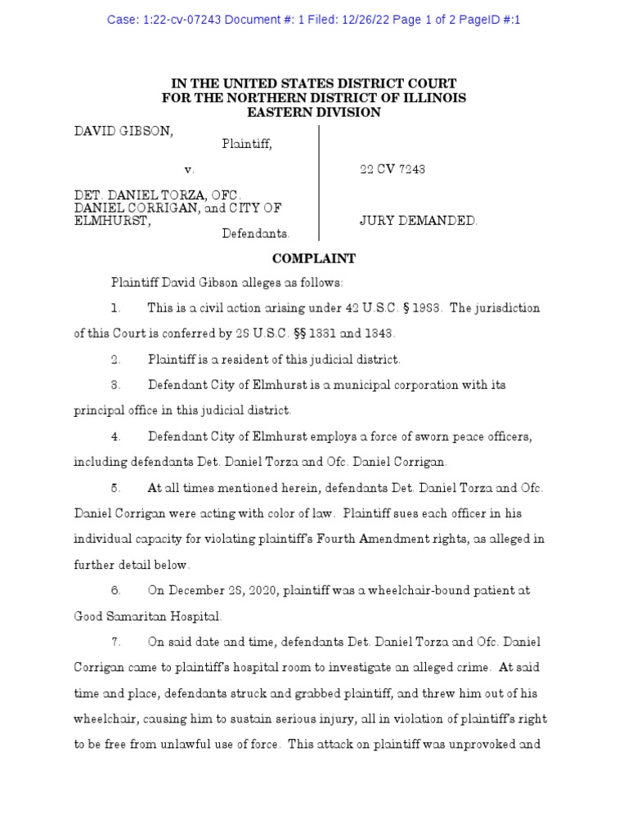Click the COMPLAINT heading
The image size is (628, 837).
(313, 259)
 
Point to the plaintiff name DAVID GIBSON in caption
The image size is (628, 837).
(123, 130)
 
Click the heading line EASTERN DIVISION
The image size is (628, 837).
(313, 112)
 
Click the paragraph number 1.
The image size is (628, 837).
(116, 309)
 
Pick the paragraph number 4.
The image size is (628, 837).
(116, 437)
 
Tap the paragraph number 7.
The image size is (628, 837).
(116, 642)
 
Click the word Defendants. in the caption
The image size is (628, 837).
(256, 234)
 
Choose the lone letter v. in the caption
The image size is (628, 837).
(190, 170)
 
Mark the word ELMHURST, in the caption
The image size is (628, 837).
(112, 222)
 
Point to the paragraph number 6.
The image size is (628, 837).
(116, 590)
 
